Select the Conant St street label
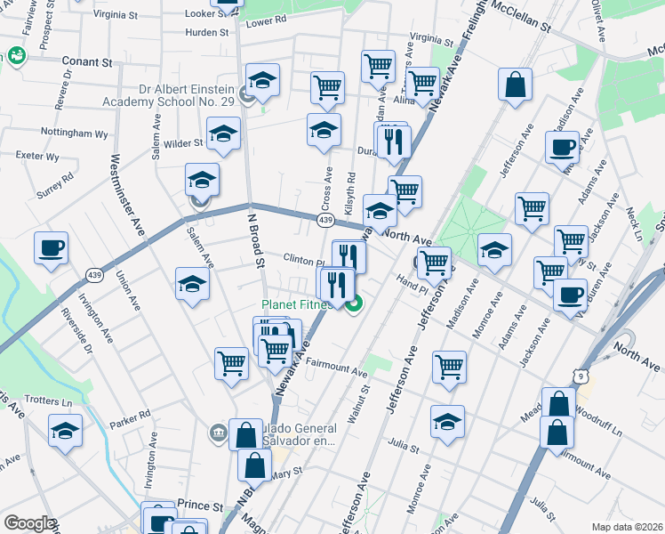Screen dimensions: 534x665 pyautogui.click(x=92, y=62)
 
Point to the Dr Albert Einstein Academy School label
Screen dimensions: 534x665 pyautogui.click(x=186, y=95)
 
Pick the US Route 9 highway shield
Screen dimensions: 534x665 pyautogui.click(x=582, y=377)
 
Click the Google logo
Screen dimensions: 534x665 pyautogui.click(x=28, y=523)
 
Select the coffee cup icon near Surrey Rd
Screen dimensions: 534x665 pyautogui.click(x=51, y=247)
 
